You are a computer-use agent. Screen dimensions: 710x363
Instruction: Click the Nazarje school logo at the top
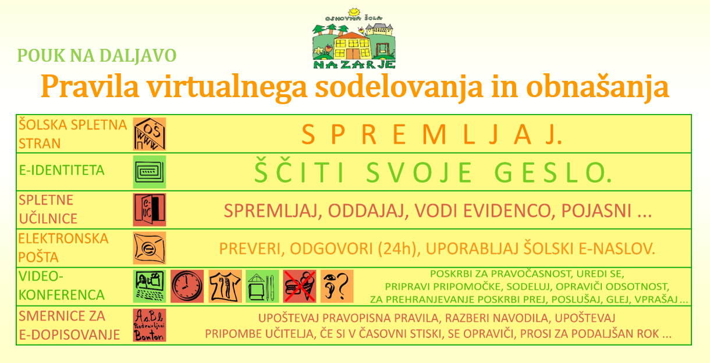click(354, 38)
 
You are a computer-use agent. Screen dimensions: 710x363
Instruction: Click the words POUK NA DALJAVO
click(97, 55)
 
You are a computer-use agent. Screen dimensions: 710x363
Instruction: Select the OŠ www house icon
click(150, 134)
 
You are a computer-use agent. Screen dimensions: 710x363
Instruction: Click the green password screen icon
click(150, 172)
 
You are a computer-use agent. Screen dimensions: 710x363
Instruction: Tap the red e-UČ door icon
click(150, 209)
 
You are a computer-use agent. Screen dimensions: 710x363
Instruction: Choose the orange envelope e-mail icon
click(150, 248)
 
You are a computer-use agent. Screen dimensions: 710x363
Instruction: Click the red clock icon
click(187, 286)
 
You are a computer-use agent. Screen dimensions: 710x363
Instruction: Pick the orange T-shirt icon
click(225, 286)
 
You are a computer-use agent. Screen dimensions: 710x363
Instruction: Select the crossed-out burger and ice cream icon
click(300, 286)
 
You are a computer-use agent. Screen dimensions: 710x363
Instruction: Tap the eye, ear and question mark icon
click(337, 286)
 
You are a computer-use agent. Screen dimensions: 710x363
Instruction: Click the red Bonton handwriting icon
click(150, 325)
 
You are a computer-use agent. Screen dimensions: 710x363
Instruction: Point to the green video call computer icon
click(150, 286)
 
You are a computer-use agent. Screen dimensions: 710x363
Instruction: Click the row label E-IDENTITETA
click(62, 170)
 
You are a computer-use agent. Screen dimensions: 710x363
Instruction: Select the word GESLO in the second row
click(553, 173)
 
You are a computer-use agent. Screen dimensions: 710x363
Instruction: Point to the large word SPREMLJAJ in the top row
click(432, 134)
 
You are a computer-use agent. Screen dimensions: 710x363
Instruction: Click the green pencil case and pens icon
click(262, 286)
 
